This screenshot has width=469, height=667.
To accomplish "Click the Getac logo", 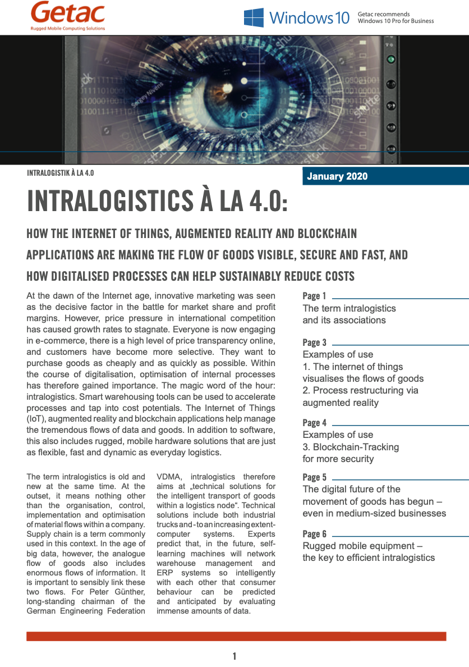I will pyautogui.click(x=68, y=12).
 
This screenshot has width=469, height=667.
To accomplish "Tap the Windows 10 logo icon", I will pyautogui.click(x=254, y=17).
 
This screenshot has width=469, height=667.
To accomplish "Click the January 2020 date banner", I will pyautogui.click(x=337, y=176).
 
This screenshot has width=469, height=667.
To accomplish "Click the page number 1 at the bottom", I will pyautogui.click(x=234, y=656).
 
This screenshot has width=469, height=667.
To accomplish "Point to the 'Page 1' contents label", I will pyautogui.click(x=314, y=296).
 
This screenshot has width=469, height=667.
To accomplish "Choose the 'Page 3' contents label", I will pyautogui.click(x=314, y=342).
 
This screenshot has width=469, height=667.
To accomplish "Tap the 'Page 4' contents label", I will pyautogui.click(x=314, y=423).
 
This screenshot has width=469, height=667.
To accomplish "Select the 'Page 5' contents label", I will pyautogui.click(x=314, y=477).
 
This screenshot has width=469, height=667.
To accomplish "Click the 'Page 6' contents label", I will pyautogui.click(x=314, y=534).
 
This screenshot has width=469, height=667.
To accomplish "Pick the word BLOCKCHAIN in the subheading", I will pyautogui.click(x=322, y=233).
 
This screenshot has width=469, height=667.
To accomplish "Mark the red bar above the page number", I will pyautogui.click(x=236, y=636).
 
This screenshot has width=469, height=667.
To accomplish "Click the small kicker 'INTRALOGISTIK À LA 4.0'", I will pyautogui.click(x=60, y=173).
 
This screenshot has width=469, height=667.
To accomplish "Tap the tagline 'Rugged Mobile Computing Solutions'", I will pyautogui.click(x=68, y=28).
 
